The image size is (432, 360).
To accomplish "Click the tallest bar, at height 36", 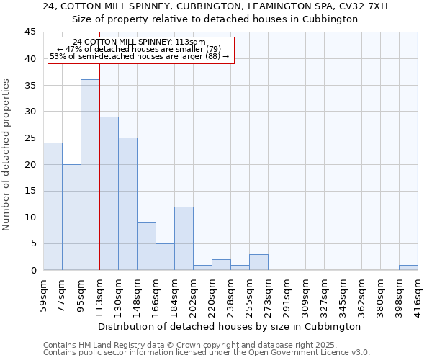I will (90, 175).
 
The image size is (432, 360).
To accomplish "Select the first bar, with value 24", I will (53, 207).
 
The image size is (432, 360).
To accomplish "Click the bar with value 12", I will (184, 238).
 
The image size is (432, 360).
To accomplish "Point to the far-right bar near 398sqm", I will (408, 268).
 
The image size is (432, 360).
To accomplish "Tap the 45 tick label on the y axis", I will (30, 32).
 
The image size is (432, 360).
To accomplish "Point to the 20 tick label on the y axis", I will (30, 164).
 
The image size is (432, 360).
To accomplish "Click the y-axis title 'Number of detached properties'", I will (7, 155).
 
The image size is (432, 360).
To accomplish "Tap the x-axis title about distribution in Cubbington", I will (229, 326).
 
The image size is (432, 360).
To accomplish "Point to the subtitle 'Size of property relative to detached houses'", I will (215, 19).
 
